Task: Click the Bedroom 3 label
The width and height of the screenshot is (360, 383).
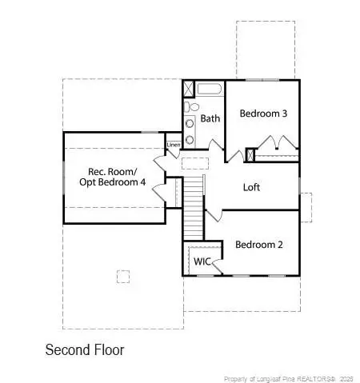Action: tap(263, 114)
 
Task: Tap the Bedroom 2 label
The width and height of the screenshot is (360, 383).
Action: tap(259, 245)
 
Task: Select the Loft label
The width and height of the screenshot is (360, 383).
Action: tap(251, 187)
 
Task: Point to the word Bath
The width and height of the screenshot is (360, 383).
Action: tap(210, 118)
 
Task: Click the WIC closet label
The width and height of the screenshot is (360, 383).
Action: tap(202, 261)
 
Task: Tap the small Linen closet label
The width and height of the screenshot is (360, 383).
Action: tap(174, 145)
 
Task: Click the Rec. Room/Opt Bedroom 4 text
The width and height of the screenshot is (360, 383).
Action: tap(113, 177)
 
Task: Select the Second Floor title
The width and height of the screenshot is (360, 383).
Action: tap(85, 349)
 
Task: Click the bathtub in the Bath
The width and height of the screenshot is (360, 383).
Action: tap(210, 89)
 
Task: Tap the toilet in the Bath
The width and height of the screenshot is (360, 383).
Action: tap(192, 107)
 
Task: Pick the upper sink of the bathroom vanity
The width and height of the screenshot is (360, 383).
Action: tap(190, 123)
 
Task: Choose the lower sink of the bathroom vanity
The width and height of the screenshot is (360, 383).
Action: tap(190, 139)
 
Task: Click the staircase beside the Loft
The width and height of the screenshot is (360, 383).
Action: tap(194, 209)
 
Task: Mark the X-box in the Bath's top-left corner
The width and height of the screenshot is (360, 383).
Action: tap(190, 90)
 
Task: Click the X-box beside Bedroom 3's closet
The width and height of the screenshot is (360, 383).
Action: tap(250, 155)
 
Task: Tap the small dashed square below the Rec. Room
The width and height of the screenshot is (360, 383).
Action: tap(123, 277)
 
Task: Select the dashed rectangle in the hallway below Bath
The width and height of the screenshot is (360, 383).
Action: tap(195, 163)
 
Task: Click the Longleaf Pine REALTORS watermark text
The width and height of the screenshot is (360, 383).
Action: tap(289, 379)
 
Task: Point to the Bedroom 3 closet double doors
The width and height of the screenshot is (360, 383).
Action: tap(278, 142)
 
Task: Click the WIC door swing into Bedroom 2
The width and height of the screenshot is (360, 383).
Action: tap(217, 266)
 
